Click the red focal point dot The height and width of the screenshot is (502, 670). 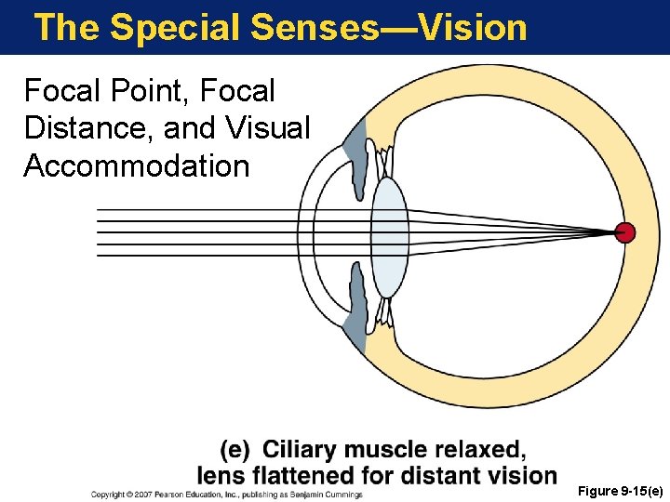[626, 232]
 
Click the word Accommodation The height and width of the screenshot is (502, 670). [137, 166]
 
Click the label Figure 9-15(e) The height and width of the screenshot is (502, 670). [620, 490]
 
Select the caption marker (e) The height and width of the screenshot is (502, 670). [235, 451]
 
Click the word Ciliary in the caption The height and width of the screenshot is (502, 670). [301, 451]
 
